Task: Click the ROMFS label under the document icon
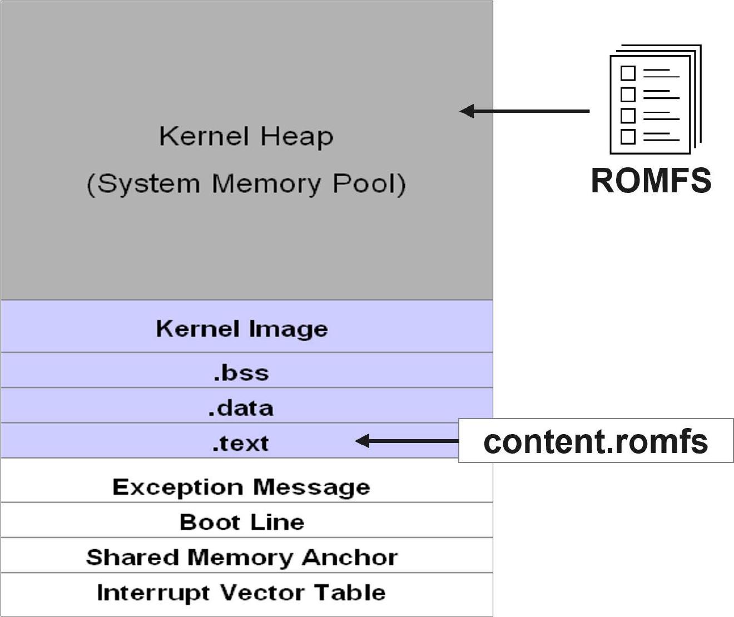[x=651, y=181]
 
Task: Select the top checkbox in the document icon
[x=628, y=73]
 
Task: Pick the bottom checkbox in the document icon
[x=628, y=136]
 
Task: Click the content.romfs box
[x=596, y=441]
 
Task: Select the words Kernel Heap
[x=246, y=137]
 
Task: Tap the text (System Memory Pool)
[x=246, y=184]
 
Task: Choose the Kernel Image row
[x=242, y=329]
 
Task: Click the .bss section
[x=241, y=372]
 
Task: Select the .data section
[x=241, y=408]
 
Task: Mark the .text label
[x=240, y=444]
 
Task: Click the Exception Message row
[x=241, y=487]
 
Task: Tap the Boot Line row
[x=242, y=522]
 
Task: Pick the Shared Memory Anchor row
[x=242, y=557]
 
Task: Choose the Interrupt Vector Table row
[x=241, y=593]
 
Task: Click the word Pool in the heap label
[x=369, y=184]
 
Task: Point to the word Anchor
[x=349, y=557]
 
